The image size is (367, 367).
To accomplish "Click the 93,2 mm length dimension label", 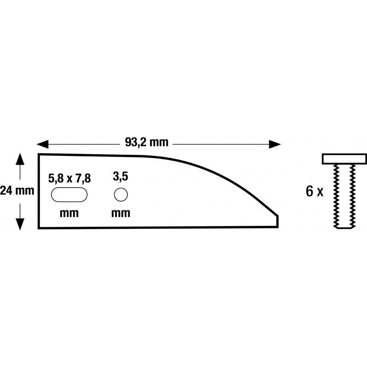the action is (x=146, y=142).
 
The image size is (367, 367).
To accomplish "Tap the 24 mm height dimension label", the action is (x=17, y=190).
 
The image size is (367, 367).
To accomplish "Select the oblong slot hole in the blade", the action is (x=69, y=195).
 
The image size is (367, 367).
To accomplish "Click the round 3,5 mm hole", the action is (x=121, y=195).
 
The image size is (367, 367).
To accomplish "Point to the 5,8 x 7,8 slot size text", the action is (x=70, y=178).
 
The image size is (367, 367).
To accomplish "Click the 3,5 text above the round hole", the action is (x=121, y=176).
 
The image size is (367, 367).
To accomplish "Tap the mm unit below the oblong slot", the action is (x=69, y=213).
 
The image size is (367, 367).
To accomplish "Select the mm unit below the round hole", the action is (x=121, y=213).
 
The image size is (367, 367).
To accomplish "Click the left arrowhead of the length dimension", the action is (x=42, y=145).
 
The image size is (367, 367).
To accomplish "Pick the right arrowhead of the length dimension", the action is (x=275, y=145).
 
